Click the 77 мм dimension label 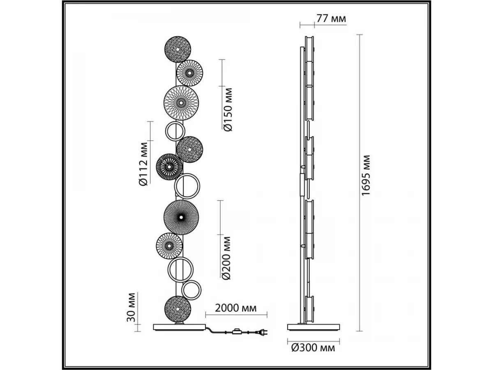[x=331, y=19]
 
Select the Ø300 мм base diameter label [x=313, y=348]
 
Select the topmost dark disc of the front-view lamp [x=177, y=49]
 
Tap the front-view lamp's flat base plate [x=179, y=327]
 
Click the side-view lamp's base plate [x=314, y=327]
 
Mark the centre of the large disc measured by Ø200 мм [x=181, y=217]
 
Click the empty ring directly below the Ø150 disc [x=175, y=131]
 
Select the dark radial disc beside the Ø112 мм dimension [x=169, y=167]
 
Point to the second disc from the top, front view [x=190, y=73]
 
